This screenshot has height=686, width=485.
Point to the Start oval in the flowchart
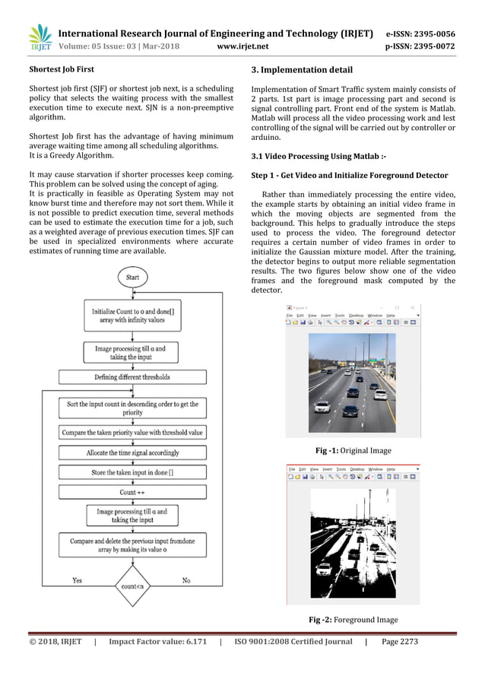132,278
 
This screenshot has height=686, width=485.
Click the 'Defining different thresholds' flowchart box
132,377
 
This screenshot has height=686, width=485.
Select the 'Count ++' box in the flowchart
132,492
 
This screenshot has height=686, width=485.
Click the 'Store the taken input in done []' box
132,472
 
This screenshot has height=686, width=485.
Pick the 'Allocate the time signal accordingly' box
132,453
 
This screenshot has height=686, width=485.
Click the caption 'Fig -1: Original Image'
353,450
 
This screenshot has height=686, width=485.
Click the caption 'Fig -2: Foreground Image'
353,619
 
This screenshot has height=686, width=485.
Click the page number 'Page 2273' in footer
400,642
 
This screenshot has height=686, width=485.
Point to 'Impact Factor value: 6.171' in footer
158,642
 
